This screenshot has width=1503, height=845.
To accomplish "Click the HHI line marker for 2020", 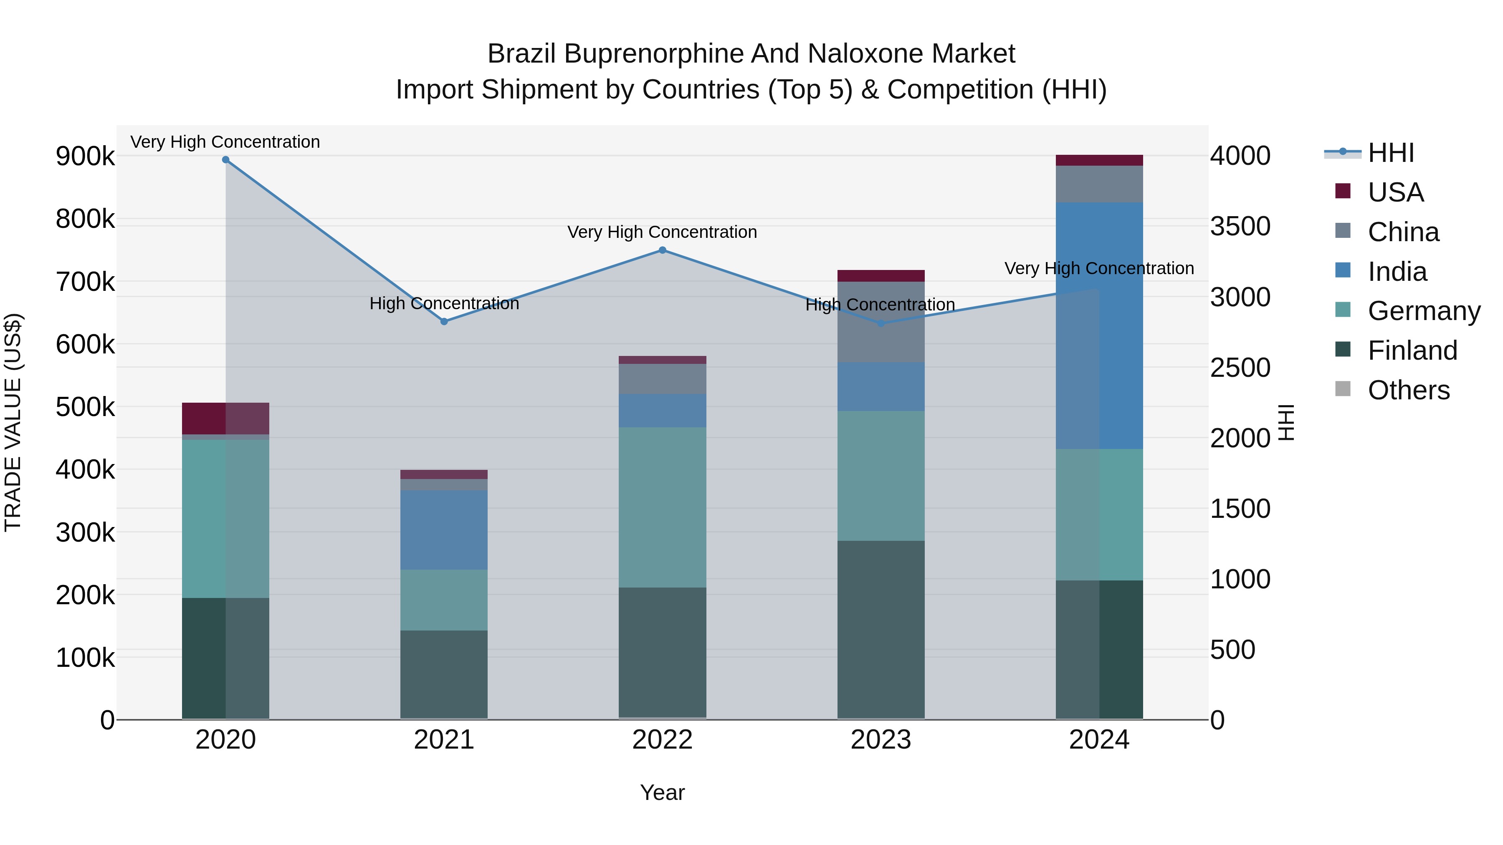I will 226,160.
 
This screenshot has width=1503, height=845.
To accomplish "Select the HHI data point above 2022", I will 662,250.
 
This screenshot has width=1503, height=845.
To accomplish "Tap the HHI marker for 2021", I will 444,321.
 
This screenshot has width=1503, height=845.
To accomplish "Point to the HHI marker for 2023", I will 881,323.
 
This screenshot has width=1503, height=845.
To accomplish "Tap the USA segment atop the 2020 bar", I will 226,418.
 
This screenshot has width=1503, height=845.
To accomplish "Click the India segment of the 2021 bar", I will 444,530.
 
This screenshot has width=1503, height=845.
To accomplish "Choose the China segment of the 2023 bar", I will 881,322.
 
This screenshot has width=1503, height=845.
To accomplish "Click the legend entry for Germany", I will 1424,311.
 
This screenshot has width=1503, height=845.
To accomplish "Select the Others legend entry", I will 1409,390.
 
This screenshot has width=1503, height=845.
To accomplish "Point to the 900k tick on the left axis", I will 85,156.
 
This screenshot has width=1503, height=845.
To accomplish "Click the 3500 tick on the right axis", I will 1240,226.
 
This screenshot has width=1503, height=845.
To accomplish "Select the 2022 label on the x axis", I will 662,740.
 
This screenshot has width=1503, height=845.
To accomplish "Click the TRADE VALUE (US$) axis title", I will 13,422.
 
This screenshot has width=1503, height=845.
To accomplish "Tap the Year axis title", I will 662,792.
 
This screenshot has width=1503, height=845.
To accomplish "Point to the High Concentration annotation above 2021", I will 444,303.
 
